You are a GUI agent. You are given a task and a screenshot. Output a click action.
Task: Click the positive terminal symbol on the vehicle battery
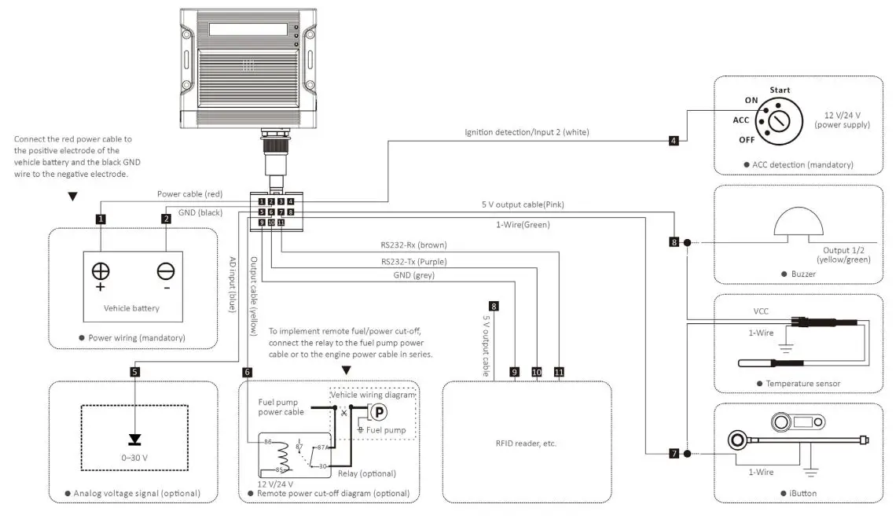pos(101,272)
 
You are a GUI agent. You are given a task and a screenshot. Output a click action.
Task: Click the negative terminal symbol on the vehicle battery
pos(166,272)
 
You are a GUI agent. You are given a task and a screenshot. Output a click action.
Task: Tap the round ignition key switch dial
pos(778,121)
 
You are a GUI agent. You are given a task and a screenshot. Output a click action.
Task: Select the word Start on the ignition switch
pos(780,90)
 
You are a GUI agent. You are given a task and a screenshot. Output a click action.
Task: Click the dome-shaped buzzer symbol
pos(799,224)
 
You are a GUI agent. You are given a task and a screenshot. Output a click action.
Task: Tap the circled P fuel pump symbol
pos(378,413)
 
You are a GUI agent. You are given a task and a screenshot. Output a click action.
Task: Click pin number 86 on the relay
pos(268,442)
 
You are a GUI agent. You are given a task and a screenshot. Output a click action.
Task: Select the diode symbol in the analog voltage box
pos(135,437)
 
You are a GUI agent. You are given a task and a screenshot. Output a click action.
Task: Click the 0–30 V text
pos(134,456)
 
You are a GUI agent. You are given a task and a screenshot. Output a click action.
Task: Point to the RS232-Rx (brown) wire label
pos(413,245)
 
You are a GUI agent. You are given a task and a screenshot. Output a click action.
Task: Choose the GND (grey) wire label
pos(413,275)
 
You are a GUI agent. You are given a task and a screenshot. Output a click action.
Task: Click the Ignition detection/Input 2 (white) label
pos(527,131)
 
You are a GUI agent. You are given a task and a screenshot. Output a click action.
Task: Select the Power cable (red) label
pos(189,193)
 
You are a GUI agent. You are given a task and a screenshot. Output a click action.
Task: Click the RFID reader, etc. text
pos(527,443)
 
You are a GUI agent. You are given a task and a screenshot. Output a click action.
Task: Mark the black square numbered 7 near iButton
pos(674,454)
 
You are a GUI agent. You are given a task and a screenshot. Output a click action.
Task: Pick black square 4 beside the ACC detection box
pos(674,141)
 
